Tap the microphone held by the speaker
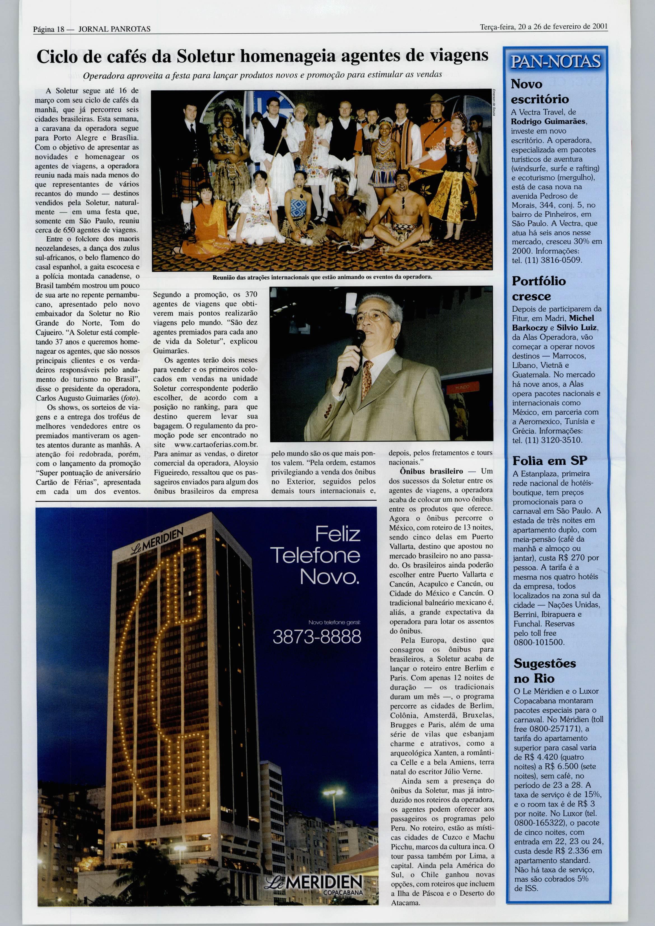352,355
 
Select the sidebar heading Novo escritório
540,92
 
